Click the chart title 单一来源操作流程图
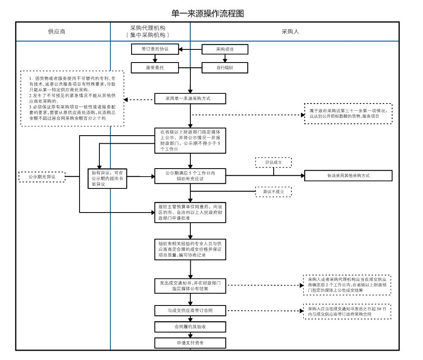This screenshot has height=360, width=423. click(208, 14)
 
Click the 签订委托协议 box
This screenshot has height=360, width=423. click(155, 49)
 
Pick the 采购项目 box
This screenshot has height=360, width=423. click(225, 49)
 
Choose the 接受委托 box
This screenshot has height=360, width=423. click(155, 67)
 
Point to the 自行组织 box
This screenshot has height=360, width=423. click(225, 67)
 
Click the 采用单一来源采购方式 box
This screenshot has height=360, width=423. click(190, 99)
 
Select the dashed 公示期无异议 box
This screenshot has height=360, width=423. click(42, 177)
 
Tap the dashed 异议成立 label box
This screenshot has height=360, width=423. click(273, 162)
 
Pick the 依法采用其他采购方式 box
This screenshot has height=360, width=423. click(348, 175)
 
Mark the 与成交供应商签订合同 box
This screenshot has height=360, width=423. click(190, 311)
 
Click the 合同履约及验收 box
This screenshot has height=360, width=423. click(190, 327)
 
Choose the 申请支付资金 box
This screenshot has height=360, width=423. click(190, 343)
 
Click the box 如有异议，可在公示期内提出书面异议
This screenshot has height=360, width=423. click(107, 178)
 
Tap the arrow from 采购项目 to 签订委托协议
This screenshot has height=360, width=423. click(190, 49)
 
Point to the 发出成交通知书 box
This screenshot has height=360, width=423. click(190, 286)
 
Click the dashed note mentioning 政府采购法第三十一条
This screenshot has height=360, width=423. click(348, 113)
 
